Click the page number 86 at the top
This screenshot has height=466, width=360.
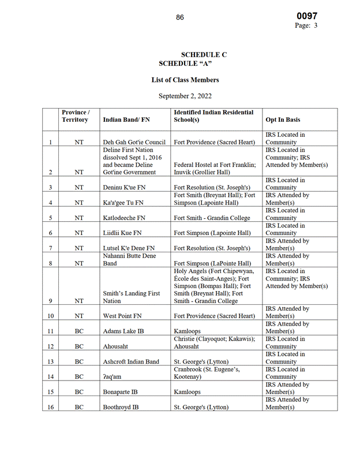pyautogui.click(x=180, y=17)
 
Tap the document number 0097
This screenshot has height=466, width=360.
pyautogui.click(x=307, y=16)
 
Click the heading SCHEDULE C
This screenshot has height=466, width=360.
pyautogui.click(x=204, y=55)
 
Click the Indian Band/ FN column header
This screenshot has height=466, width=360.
pyautogui.click(x=126, y=120)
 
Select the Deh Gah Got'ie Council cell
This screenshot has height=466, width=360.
pyautogui.click(x=134, y=142)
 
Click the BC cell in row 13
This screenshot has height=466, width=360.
pyautogui.click(x=79, y=361)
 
